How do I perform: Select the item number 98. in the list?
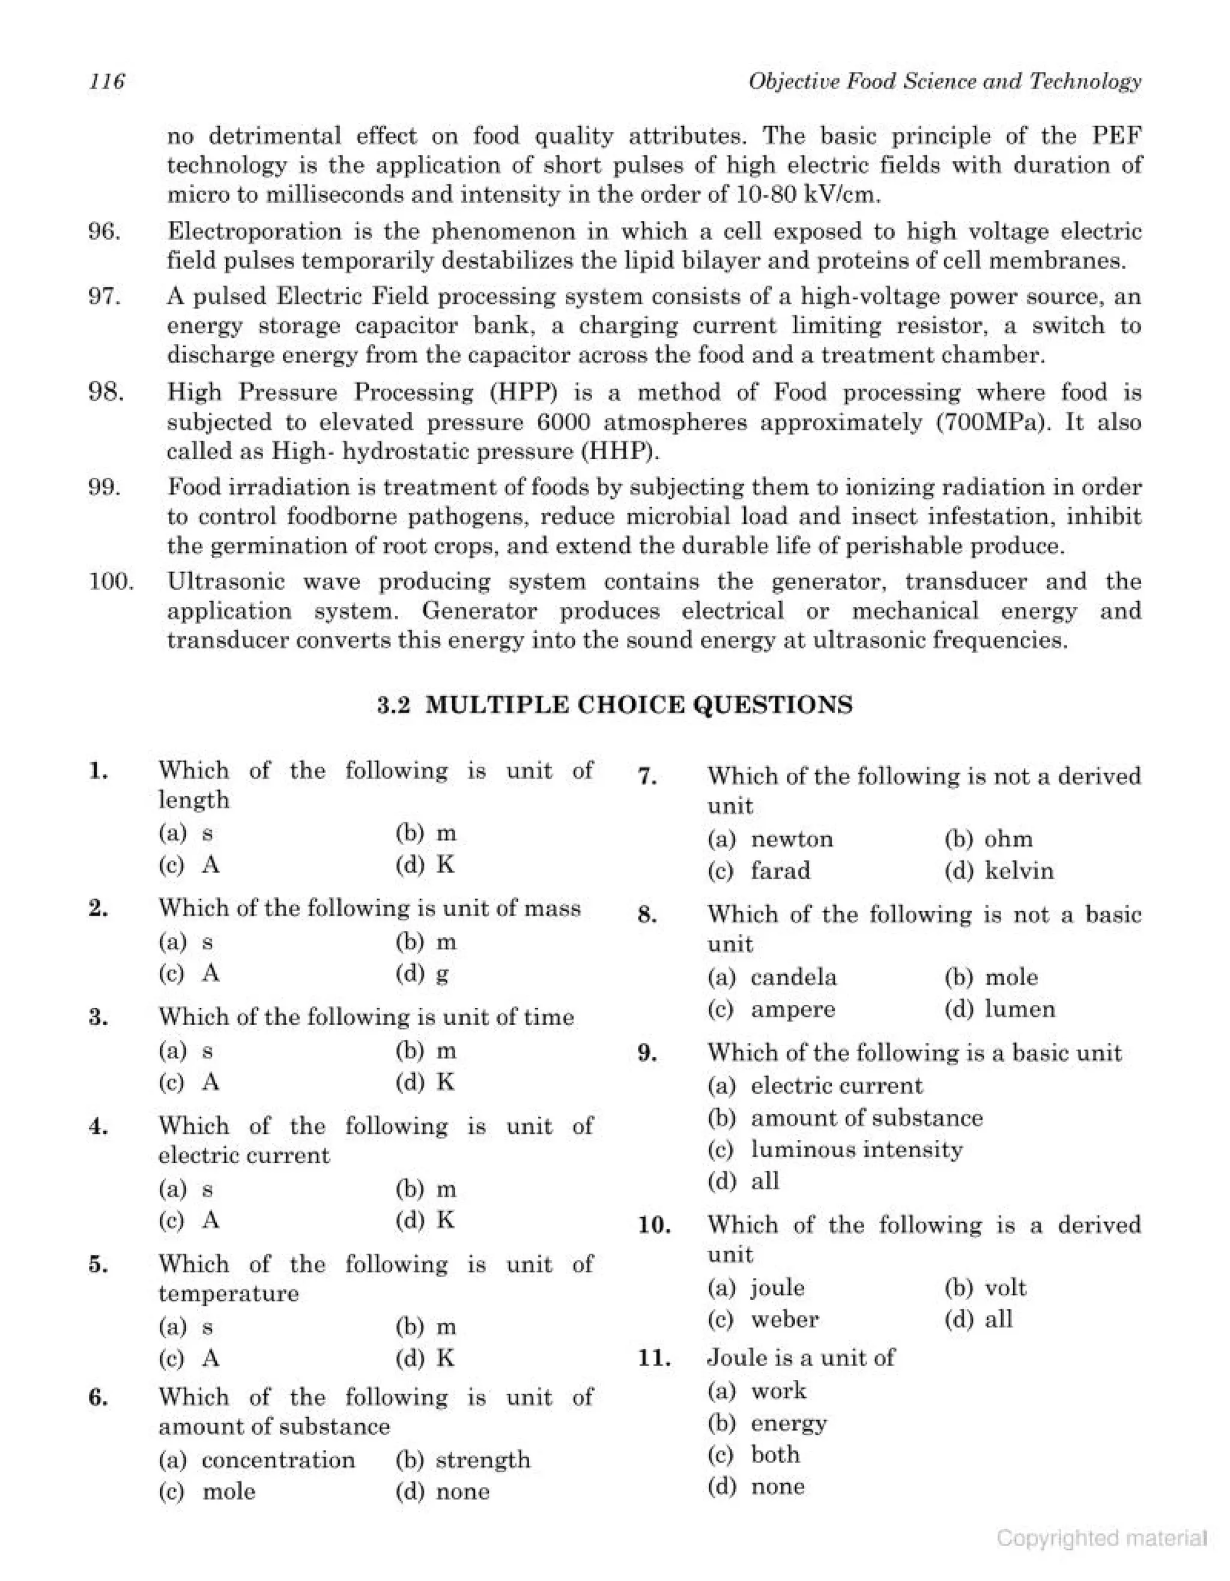pyautogui.click(x=106, y=393)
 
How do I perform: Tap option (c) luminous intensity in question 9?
pyautogui.click(x=835, y=1149)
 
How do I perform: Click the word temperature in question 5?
pyautogui.click(x=228, y=1293)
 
